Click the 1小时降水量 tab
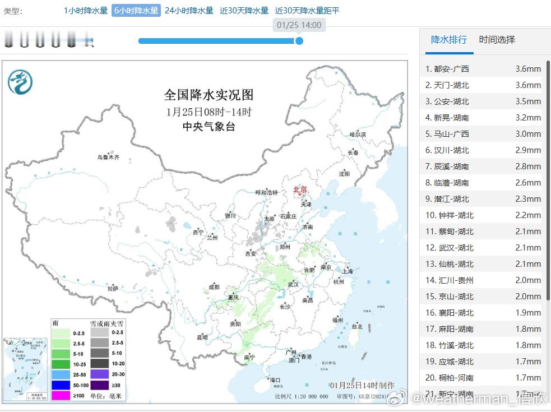85,11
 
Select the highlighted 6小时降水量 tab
136,11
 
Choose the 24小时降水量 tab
189,11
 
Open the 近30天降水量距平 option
307,11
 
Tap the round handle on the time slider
299,41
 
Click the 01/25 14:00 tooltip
299,25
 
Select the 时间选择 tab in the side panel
497,40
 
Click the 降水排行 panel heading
448,40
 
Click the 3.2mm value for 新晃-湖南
528,118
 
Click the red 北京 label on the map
300,189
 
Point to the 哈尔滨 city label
357,135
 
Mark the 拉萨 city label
113,289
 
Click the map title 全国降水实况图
209,94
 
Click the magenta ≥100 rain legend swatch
60,396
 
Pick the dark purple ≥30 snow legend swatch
99,385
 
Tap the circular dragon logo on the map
20,82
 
